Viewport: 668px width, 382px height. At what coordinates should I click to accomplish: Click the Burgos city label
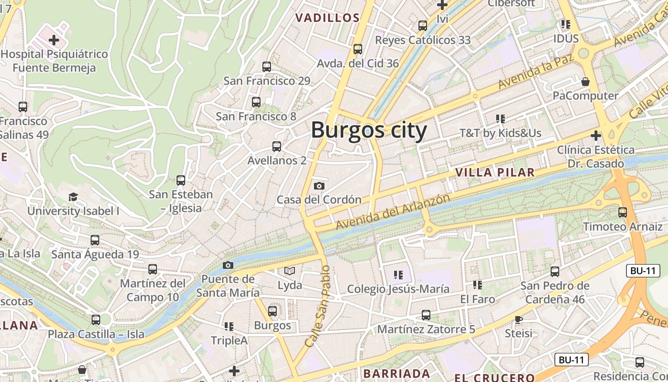[369, 130]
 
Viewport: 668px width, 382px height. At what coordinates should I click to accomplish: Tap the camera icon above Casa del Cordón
[319, 186]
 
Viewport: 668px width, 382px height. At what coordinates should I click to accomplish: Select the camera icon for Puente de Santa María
[228, 265]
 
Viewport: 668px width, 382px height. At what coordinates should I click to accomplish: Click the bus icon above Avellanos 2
[277, 147]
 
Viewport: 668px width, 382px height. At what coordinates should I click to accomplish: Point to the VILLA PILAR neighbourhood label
[495, 173]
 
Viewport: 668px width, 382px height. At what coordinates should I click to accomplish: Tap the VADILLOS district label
[327, 18]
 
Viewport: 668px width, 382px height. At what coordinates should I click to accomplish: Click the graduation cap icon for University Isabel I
[73, 197]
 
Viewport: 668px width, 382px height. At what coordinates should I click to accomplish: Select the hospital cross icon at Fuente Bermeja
[54, 40]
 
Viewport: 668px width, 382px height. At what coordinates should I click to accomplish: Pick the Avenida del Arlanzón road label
[393, 211]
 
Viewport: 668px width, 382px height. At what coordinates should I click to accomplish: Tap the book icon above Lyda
[290, 271]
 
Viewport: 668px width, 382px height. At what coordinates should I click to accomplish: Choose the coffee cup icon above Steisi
[519, 319]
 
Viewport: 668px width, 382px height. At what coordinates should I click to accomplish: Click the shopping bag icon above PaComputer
[585, 82]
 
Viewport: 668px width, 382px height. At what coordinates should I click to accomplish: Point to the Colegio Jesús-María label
[398, 289]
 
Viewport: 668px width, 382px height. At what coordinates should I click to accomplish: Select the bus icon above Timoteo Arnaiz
[623, 212]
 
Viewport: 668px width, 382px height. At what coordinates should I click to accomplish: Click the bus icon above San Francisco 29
[267, 67]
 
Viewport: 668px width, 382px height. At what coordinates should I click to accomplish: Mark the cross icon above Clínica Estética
[595, 136]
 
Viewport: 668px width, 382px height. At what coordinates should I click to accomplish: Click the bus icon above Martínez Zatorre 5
[426, 315]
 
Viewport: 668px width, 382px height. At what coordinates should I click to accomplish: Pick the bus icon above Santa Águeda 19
[95, 240]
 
